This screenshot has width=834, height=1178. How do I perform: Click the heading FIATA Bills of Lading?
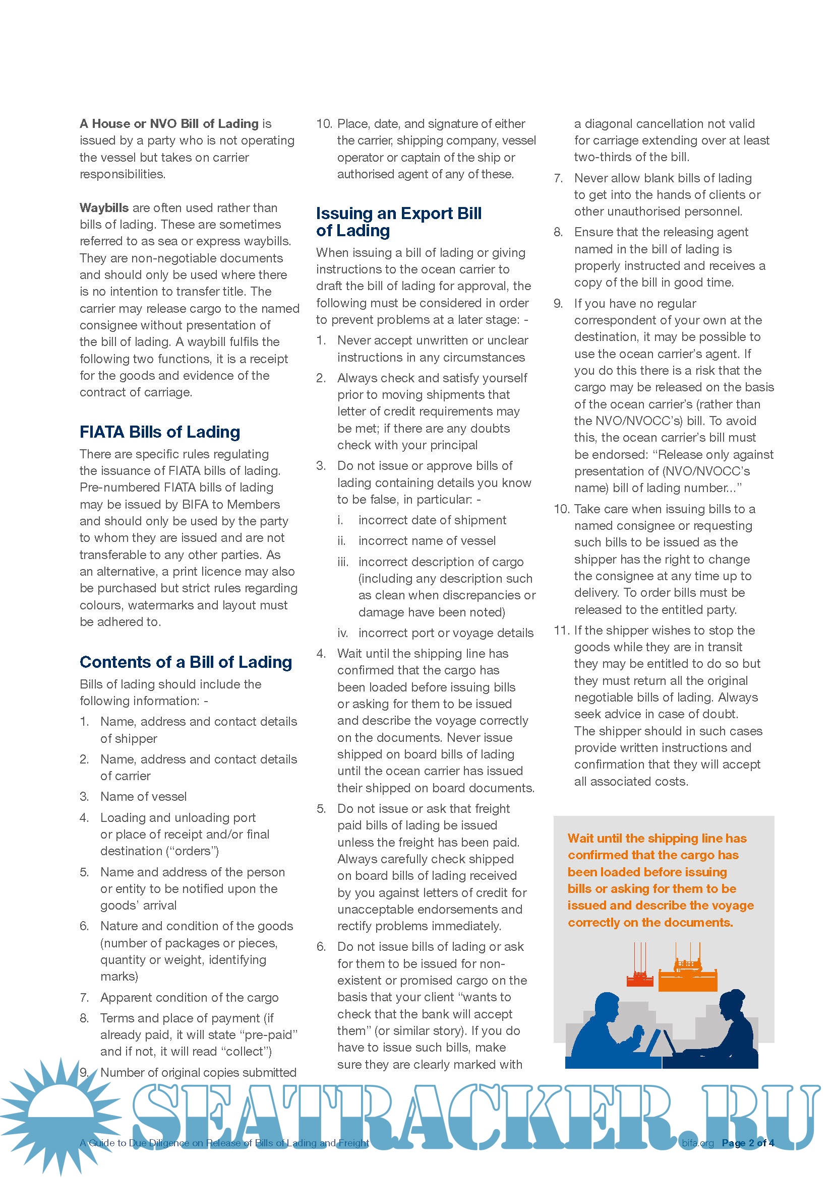pos(160,432)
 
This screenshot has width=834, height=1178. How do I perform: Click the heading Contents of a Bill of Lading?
pos(186,662)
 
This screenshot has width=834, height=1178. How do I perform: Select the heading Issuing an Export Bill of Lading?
pos(398,222)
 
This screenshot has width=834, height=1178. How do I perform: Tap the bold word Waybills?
pos(104,208)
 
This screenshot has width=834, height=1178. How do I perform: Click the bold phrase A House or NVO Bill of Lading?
pos(169,124)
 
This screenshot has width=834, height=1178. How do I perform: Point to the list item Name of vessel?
pos(143,796)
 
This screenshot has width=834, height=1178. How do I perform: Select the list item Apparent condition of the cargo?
pos(189,997)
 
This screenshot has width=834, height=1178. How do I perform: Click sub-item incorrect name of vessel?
pos(427,541)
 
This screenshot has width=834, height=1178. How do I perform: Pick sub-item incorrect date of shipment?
pos(432,520)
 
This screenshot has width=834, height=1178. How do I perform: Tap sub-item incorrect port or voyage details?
pos(446,633)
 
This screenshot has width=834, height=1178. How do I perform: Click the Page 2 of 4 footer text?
pos(748,1143)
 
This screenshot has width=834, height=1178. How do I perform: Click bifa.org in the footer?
pos(698,1143)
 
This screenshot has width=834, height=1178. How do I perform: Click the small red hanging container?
pos(640,980)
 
